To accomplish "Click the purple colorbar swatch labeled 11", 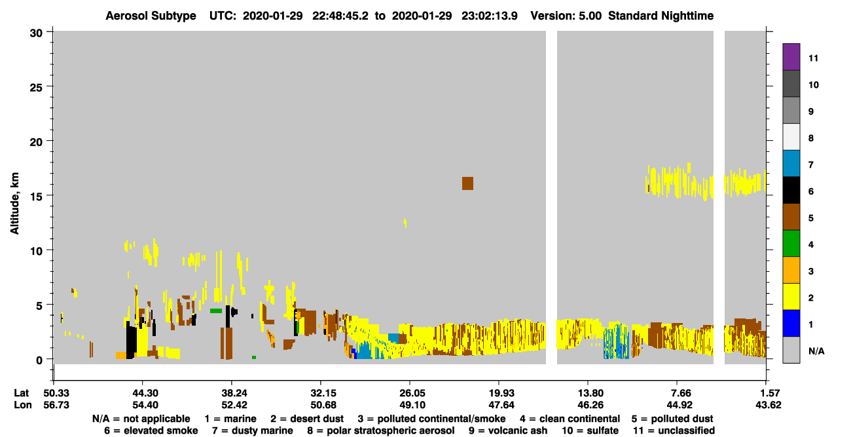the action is (791, 57).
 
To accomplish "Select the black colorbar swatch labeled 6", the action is (791, 190).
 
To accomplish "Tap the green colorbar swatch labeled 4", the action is (791, 244).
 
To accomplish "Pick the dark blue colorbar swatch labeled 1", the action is (791, 323).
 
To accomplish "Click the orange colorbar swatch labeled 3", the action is (791, 270).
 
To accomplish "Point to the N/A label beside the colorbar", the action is (816, 351).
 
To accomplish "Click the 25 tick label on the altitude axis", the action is (36, 88).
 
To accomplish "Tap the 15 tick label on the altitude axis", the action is (36, 197).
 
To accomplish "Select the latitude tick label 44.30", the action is (143, 393).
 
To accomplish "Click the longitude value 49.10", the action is (410, 405).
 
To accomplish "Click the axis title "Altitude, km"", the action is (14, 204).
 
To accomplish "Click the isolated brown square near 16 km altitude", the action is (467, 183).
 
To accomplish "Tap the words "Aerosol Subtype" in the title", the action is (151, 16).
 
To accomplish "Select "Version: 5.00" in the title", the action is (566, 16).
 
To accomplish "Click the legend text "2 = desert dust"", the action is (307, 419).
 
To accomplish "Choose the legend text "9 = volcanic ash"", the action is (508, 430).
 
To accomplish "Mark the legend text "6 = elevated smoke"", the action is (151, 430).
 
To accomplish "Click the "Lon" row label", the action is (22, 405).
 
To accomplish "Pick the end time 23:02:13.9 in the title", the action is (490, 16).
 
